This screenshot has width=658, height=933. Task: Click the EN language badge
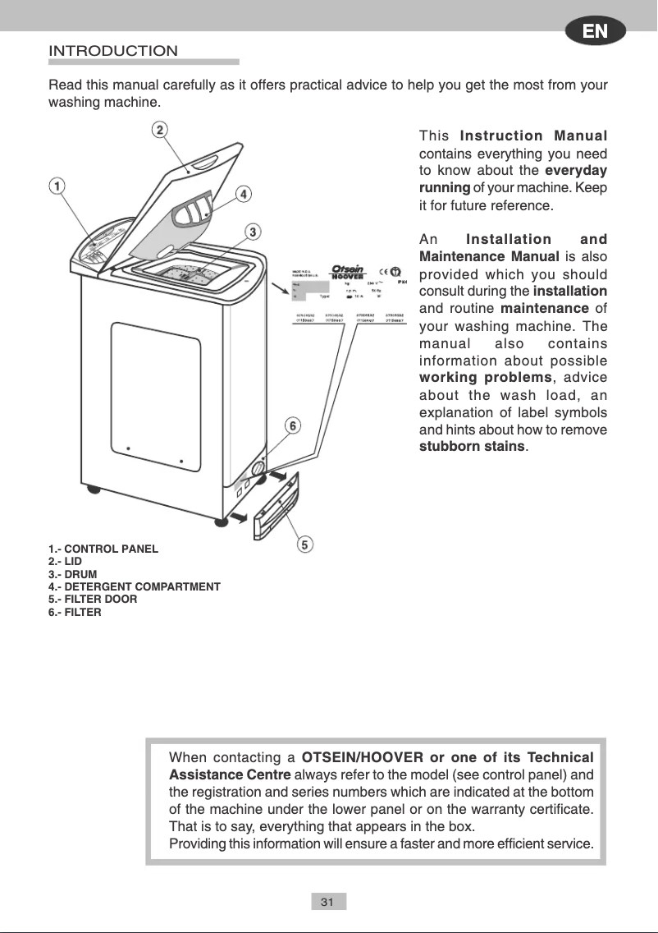tap(595, 32)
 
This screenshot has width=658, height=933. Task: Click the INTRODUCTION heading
tap(113, 51)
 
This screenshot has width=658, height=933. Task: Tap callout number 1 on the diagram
tap(56, 186)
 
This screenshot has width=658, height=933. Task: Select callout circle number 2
tap(159, 130)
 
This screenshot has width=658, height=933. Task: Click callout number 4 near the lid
tap(244, 194)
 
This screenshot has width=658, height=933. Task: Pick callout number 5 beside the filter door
tap(304, 544)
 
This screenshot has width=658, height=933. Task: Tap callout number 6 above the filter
tap(292, 425)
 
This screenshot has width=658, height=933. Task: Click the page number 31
tap(327, 902)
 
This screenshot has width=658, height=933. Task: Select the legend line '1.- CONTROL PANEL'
tap(103, 549)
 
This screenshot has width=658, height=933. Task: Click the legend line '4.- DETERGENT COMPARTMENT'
tap(135, 586)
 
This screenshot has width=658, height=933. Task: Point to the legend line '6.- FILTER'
tap(75, 612)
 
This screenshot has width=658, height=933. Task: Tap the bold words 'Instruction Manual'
tap(533, 136)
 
